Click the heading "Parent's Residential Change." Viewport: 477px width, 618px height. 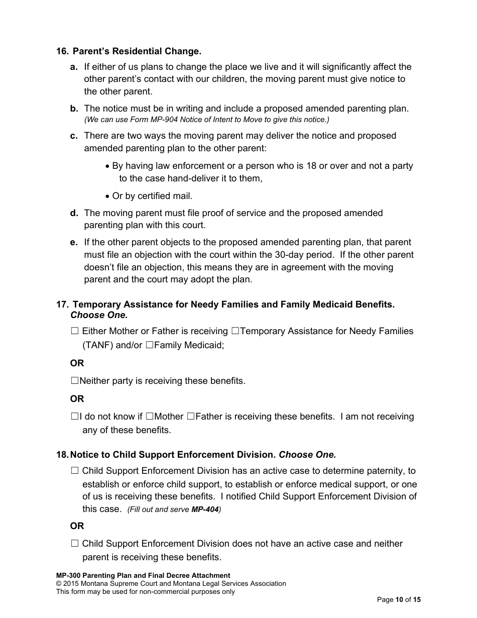[137, 51]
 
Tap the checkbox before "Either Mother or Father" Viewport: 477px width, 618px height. [75, 331]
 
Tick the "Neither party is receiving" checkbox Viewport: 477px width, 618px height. [75, 381]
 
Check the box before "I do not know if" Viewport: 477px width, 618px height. [75, 417]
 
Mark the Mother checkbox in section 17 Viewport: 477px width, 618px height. [150, 417]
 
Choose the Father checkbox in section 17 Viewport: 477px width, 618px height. [190, 417]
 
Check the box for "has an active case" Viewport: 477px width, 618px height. [75, 471]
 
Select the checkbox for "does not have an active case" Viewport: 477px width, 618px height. [75, 544]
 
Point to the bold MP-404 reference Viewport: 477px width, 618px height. [205, 509]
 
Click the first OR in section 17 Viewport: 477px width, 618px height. [77, 363]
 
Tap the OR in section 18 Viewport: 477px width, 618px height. [77, 526]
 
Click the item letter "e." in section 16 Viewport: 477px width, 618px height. [74, 242]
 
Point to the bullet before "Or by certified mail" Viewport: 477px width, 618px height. [108, 196]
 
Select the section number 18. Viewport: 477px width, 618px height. [62, 455]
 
